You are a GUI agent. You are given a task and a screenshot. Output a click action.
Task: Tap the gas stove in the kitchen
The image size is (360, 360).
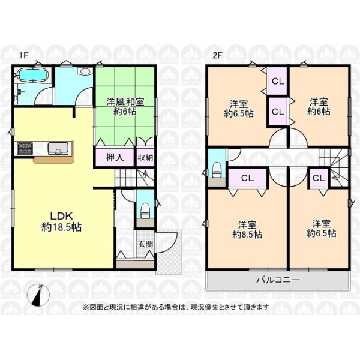pyautogui.click(x=25, y=148)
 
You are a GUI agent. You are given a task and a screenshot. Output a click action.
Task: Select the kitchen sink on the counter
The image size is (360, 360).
pyautogui.click(x=58, y=148)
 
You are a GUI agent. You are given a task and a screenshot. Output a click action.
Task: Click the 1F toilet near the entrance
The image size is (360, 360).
pyautogui.click(x=145, y=211)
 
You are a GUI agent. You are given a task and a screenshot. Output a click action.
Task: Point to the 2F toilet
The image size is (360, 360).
pyautogui.click(x=217, y=170)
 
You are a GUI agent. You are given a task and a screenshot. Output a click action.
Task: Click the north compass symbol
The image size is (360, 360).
pyautogui.click(x=38, y=295)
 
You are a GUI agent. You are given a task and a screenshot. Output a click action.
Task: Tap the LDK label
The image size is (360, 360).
pyautogui.click(x=62, y=216)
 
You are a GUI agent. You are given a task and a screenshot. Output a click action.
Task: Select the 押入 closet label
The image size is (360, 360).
pyautogui.click(x=115, y=157)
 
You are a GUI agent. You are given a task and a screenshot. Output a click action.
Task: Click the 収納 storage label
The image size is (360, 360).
pyautogui.click(x=145, y=157)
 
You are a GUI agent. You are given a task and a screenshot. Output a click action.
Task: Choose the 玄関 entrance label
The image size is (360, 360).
pyautogui.click(x=146, y=244)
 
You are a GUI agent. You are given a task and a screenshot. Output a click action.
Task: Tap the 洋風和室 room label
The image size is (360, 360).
pyautogui.click(x=125, y=102)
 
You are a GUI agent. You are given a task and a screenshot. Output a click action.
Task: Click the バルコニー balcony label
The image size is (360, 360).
pyautogui.click(x=278, y=280)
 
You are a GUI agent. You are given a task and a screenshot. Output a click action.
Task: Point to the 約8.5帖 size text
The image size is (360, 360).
pyautogui.click(x=247, y=235)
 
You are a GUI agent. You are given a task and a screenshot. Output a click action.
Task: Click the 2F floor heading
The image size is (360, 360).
pyautogui.click(x=217, y=55)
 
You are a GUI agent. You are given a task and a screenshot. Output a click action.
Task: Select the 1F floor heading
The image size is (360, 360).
pyautogui.click(x=23, y=55)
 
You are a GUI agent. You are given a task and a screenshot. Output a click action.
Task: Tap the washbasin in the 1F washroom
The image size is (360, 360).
pyautogui.click(x=85, y=71)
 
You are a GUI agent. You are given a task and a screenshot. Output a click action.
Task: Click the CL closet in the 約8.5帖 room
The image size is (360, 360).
pyautogui.click(x=247, y=178)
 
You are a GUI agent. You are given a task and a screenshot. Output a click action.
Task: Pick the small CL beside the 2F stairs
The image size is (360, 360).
pyautogui.click(x=319, y=178)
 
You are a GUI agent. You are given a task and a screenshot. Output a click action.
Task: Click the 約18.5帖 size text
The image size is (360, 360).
pyautogui.click(x=62, y=227)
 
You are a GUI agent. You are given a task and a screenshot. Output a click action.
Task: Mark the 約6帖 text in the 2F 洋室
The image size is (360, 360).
pyautogui.click(x=319, y=112)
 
